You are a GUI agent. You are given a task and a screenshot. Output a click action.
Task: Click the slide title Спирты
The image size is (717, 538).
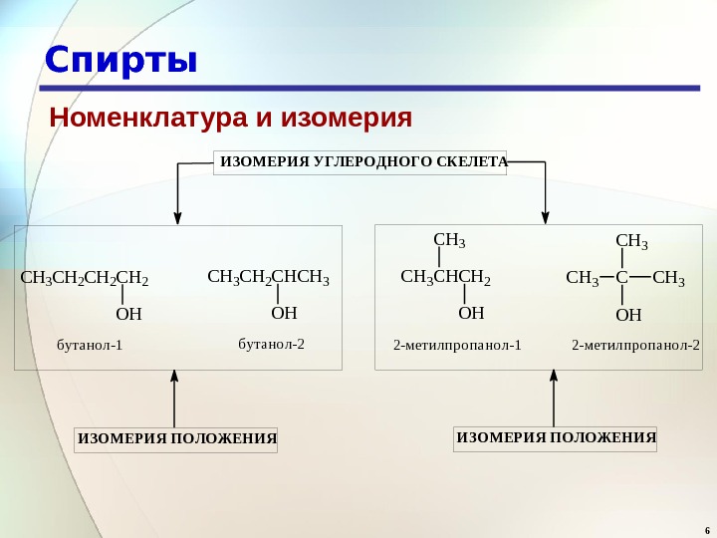tap(120, 61)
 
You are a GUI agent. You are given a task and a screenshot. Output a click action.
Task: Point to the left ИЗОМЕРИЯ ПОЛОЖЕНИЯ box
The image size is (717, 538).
tap(177, 439)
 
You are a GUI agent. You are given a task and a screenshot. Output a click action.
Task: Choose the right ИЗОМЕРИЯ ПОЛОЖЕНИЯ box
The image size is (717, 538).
tap(556, 437)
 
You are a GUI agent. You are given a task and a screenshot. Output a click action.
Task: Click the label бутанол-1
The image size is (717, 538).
tap(89, 346)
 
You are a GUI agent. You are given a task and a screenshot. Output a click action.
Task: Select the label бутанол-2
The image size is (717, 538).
tap(271, 344)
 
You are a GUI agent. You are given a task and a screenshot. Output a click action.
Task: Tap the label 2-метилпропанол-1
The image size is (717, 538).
tap(457, 346)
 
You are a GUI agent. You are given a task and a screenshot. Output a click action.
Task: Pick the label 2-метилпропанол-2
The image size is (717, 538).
tap(635, 346)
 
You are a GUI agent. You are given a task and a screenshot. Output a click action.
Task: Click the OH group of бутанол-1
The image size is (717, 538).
tap(129, 315)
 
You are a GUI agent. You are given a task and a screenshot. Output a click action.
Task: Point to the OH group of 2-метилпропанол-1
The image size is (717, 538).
tap(471, 313)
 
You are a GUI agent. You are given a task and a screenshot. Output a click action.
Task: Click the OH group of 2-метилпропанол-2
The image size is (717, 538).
tap(628, 316)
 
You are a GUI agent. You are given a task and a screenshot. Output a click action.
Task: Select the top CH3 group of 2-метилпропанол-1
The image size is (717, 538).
tap(450, 240)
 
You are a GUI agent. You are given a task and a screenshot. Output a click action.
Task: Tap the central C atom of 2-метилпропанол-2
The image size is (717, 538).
tap(619, 278)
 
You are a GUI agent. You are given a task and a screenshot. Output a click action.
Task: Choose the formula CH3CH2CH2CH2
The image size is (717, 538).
tap(85, 278)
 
